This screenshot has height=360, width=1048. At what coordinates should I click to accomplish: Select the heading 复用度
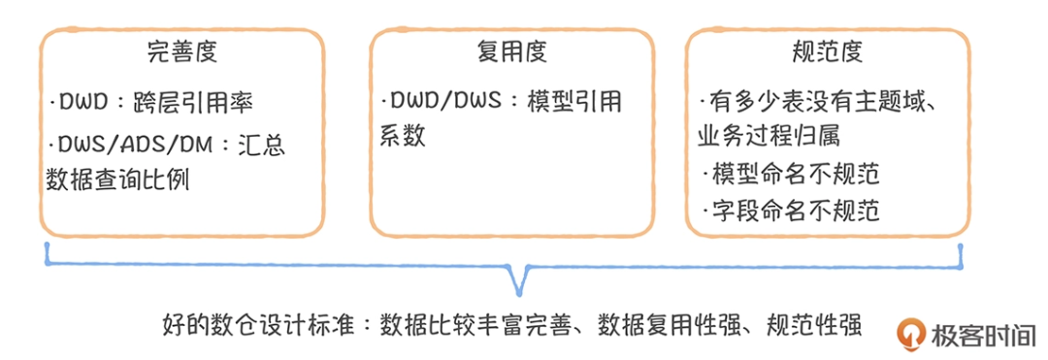(x=510, y=50)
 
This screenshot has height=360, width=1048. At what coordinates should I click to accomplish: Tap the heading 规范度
(x=828, y=50)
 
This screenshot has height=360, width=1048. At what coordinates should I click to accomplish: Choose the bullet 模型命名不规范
(x=791, y=174)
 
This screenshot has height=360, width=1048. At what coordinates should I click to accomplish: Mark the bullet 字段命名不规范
(x=791, y=210)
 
